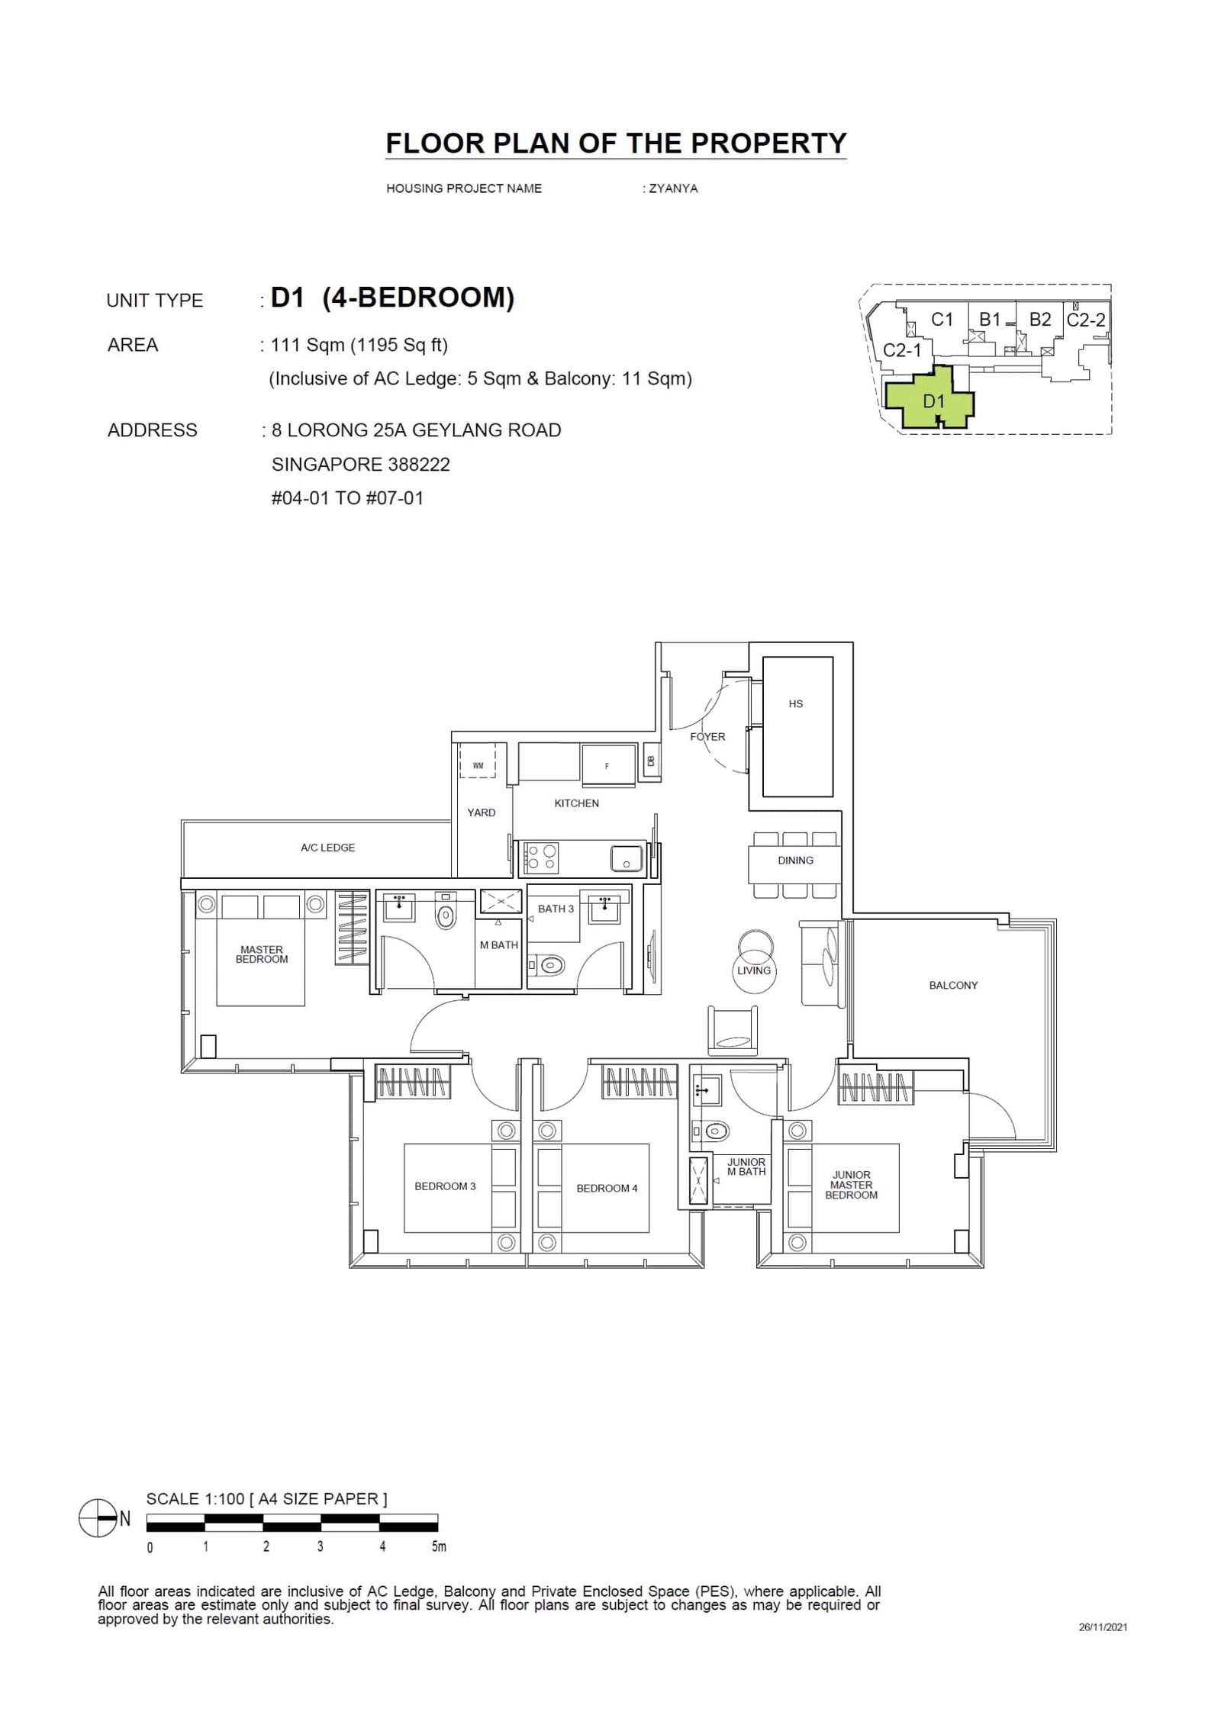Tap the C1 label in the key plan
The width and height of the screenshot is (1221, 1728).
click(942, 320)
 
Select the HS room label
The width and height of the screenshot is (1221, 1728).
click(795, 704)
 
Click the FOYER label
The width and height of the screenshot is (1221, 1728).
click(707, 737)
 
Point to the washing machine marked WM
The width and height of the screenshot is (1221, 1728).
click(478, 765)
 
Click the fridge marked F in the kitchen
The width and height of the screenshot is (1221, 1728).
click(607, 766)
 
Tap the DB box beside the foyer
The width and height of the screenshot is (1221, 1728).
click(651, 761)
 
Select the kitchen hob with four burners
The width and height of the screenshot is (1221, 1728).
click(540, 857)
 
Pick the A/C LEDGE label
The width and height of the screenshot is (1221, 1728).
click(327, 848)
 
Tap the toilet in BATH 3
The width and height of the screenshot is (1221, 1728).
click(550, 966)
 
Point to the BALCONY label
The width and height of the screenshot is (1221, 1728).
click(953, 986)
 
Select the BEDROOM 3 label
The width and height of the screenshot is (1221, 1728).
click(445, 1186)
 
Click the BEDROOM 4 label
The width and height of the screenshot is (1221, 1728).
click(607, 1189)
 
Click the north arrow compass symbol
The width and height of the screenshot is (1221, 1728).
click(96, 1519)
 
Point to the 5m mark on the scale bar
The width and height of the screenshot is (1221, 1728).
click(437, 1548)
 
